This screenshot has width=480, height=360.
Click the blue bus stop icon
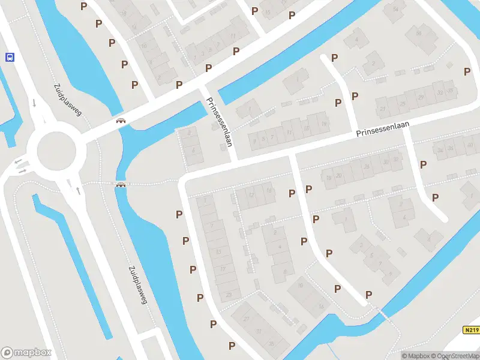(x=10, y=57)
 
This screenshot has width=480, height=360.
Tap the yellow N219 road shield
(x=470, y=330)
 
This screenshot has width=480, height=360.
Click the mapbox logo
(x=26, y=353)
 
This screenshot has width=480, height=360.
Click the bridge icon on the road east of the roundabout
(x=121, y=121)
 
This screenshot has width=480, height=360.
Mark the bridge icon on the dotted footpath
(x=121, y=184)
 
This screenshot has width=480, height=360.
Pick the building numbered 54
(x=395, y=9)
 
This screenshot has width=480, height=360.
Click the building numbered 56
(x=418, y=32)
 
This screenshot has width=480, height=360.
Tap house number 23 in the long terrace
(x=229, y=295)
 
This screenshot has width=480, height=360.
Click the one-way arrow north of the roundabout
(x=34, y=102)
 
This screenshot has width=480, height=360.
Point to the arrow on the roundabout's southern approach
(x=78, y=191)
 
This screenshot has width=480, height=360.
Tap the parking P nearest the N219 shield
(x=368, y=294)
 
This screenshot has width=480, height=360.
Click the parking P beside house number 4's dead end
(x=335, y=58)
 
